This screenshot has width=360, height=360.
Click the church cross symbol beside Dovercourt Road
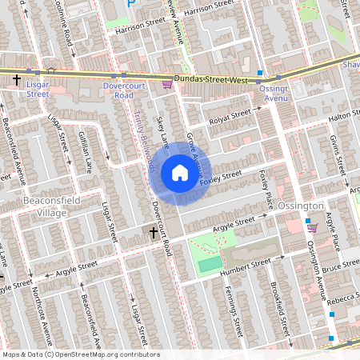click(153, 232)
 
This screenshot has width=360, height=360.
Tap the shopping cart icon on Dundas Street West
click(167, 84)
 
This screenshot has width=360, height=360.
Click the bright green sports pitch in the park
click(210, 263)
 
